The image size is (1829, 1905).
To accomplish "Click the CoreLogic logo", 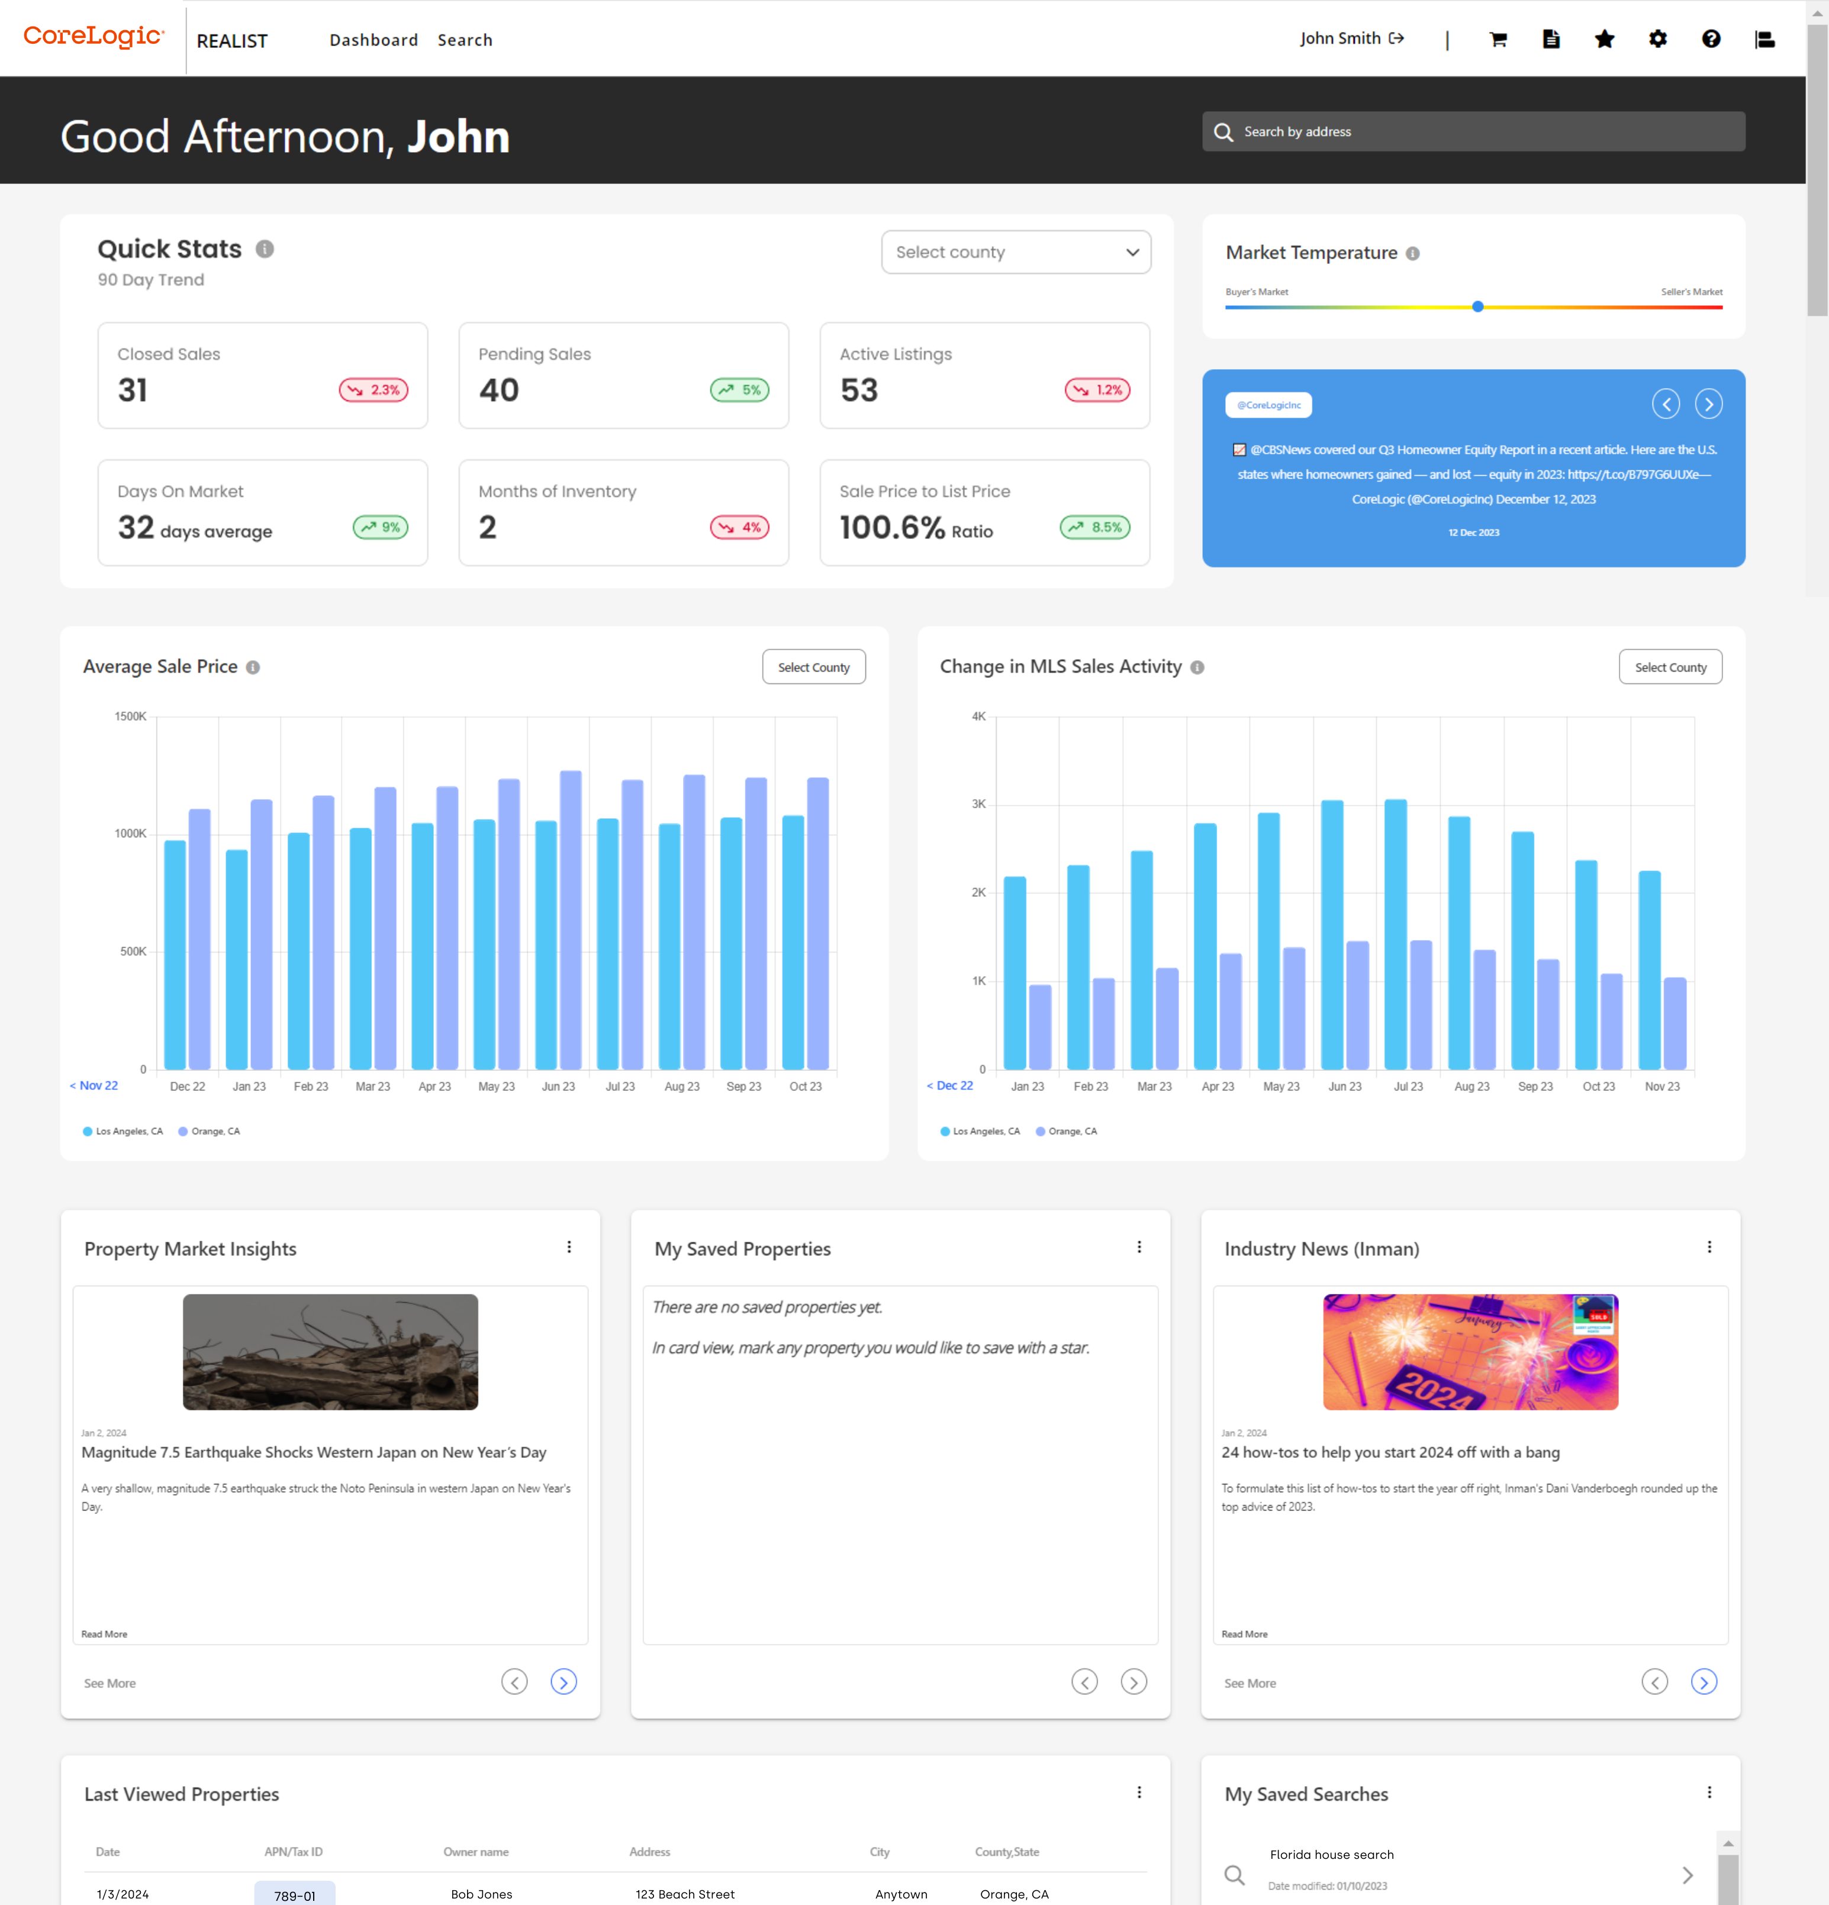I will (x=94, y=37).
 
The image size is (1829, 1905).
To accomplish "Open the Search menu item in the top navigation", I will (x=465, y=40).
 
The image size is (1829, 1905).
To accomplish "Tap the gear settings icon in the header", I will (x=1658, y=39).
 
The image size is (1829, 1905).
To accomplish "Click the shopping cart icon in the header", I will (x=1498, y=39).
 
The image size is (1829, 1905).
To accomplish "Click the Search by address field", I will (x=1487, y=131).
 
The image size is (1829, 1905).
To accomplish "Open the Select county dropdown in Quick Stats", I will (x=1015, y=253).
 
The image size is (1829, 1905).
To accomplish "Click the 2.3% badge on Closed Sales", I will (x=373, y=390).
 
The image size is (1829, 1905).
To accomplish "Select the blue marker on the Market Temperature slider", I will (x=1477, y=307).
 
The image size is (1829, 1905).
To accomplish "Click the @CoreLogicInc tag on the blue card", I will (x=1268, y=405).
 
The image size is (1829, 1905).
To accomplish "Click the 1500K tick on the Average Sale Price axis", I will (x=130, y=716).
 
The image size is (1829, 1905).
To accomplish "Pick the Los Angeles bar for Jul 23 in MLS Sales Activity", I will (x=1395, y=933).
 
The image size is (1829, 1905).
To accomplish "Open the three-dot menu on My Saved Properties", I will (x=1139, y=1247).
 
